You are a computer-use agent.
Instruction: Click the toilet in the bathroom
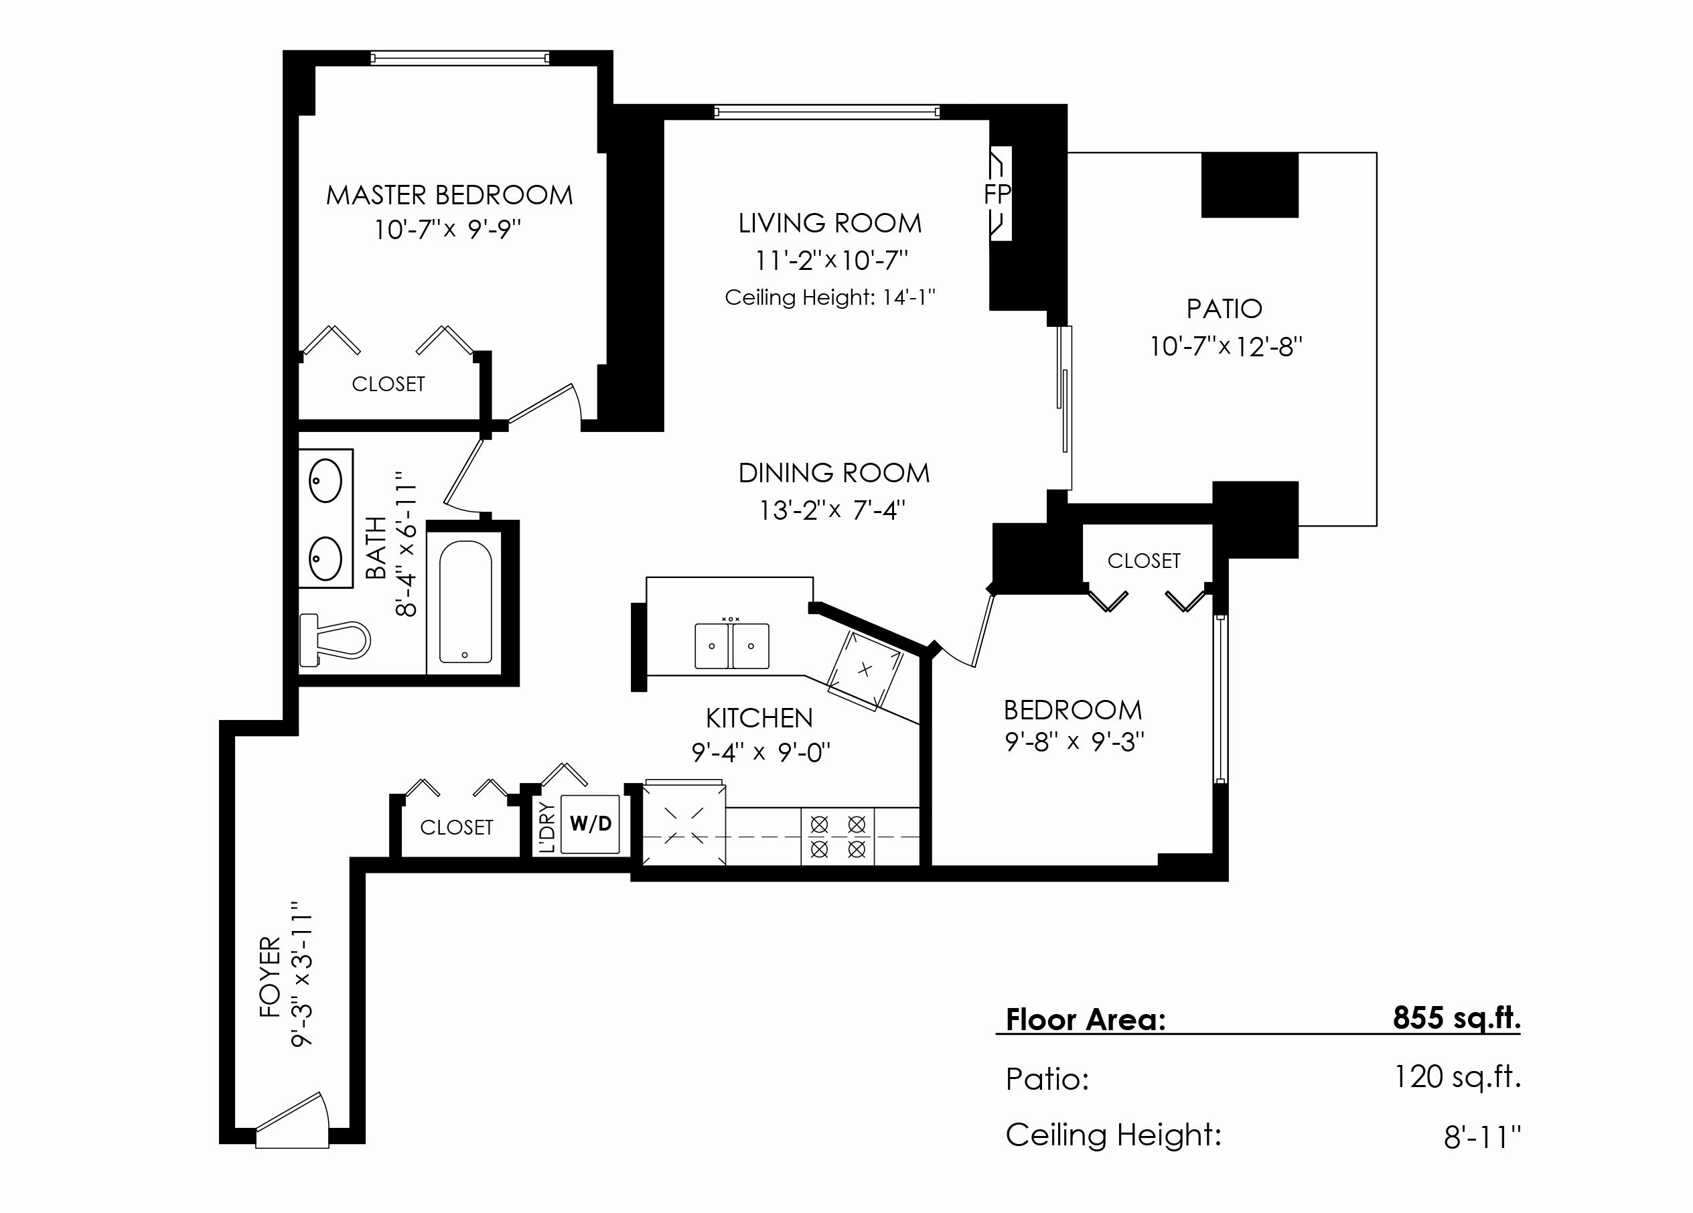[334, 640]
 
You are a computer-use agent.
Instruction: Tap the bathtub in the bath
[465, 601]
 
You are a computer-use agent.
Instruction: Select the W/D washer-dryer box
[590, 824]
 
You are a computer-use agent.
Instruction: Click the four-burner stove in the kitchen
[838, 837]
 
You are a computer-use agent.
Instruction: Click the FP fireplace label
[997, 194]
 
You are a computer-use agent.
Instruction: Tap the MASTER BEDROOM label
[449, 196]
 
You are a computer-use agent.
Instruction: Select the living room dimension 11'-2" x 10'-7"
[831, 261]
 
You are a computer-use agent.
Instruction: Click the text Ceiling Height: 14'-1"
[830, 298]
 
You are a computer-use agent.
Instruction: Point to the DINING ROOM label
[834, 474]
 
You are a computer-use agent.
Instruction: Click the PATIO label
[1224, 309]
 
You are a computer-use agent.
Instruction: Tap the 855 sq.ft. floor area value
[1457, 1017]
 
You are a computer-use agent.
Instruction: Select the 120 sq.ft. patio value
[1457, 1077]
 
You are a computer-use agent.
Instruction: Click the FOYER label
[269, 977]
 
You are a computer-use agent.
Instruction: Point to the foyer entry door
[292, 1122]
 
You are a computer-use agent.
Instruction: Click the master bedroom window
[460, 58]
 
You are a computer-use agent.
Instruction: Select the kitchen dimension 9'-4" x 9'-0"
[761, 752]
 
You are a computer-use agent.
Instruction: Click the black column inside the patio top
[1250, 185]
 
